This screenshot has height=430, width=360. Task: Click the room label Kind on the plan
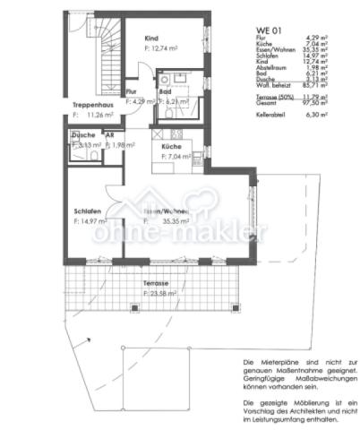point(151,39)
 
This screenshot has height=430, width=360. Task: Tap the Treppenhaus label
point(91,105)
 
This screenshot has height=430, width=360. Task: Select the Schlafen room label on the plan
point(88,211)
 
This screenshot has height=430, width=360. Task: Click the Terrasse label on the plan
point(155,283)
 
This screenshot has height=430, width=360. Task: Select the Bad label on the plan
point(166,92)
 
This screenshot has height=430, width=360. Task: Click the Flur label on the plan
point(131,92)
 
